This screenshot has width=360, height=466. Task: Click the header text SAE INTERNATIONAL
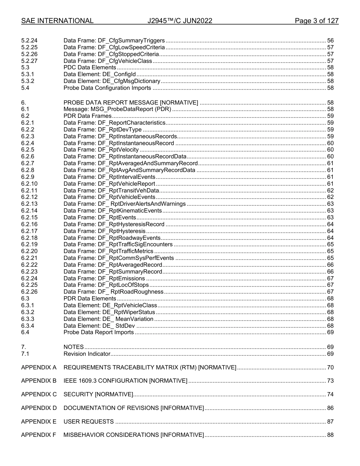click(x=57, y=21)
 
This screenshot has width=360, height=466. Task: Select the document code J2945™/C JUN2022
click(x=180, y=21)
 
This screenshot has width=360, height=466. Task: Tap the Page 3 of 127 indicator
click(x=316, y=21)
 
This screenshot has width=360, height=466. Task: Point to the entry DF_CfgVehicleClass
click(x=108, y=61)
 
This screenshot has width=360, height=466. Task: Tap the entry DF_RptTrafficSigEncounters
click(x=118, y=244)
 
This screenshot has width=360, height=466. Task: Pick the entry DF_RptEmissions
click(x=104, y=278)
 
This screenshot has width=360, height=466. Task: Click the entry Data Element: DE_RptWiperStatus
click(x=109, y=312)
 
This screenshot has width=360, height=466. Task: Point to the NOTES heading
click(x=74, y=347)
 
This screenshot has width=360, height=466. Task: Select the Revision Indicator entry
click(x=87, y=354)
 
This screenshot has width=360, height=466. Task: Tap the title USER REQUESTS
click(x=88, y=422)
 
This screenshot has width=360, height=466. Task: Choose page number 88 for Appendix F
click(x=330, y=435)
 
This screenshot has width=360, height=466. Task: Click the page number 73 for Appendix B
click(x=330, y=381)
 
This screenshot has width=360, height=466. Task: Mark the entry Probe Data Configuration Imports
click(x=107, y=88)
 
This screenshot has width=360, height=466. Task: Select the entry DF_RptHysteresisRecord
click(x=114, y=224)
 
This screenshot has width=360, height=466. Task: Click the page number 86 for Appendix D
click(x=330, y=408)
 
